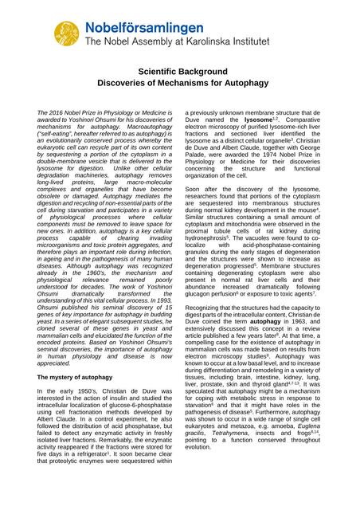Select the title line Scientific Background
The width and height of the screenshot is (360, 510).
(180, 71)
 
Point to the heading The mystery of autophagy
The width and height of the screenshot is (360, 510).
(80, 375)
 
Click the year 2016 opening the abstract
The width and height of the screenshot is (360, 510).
(57, 115)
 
